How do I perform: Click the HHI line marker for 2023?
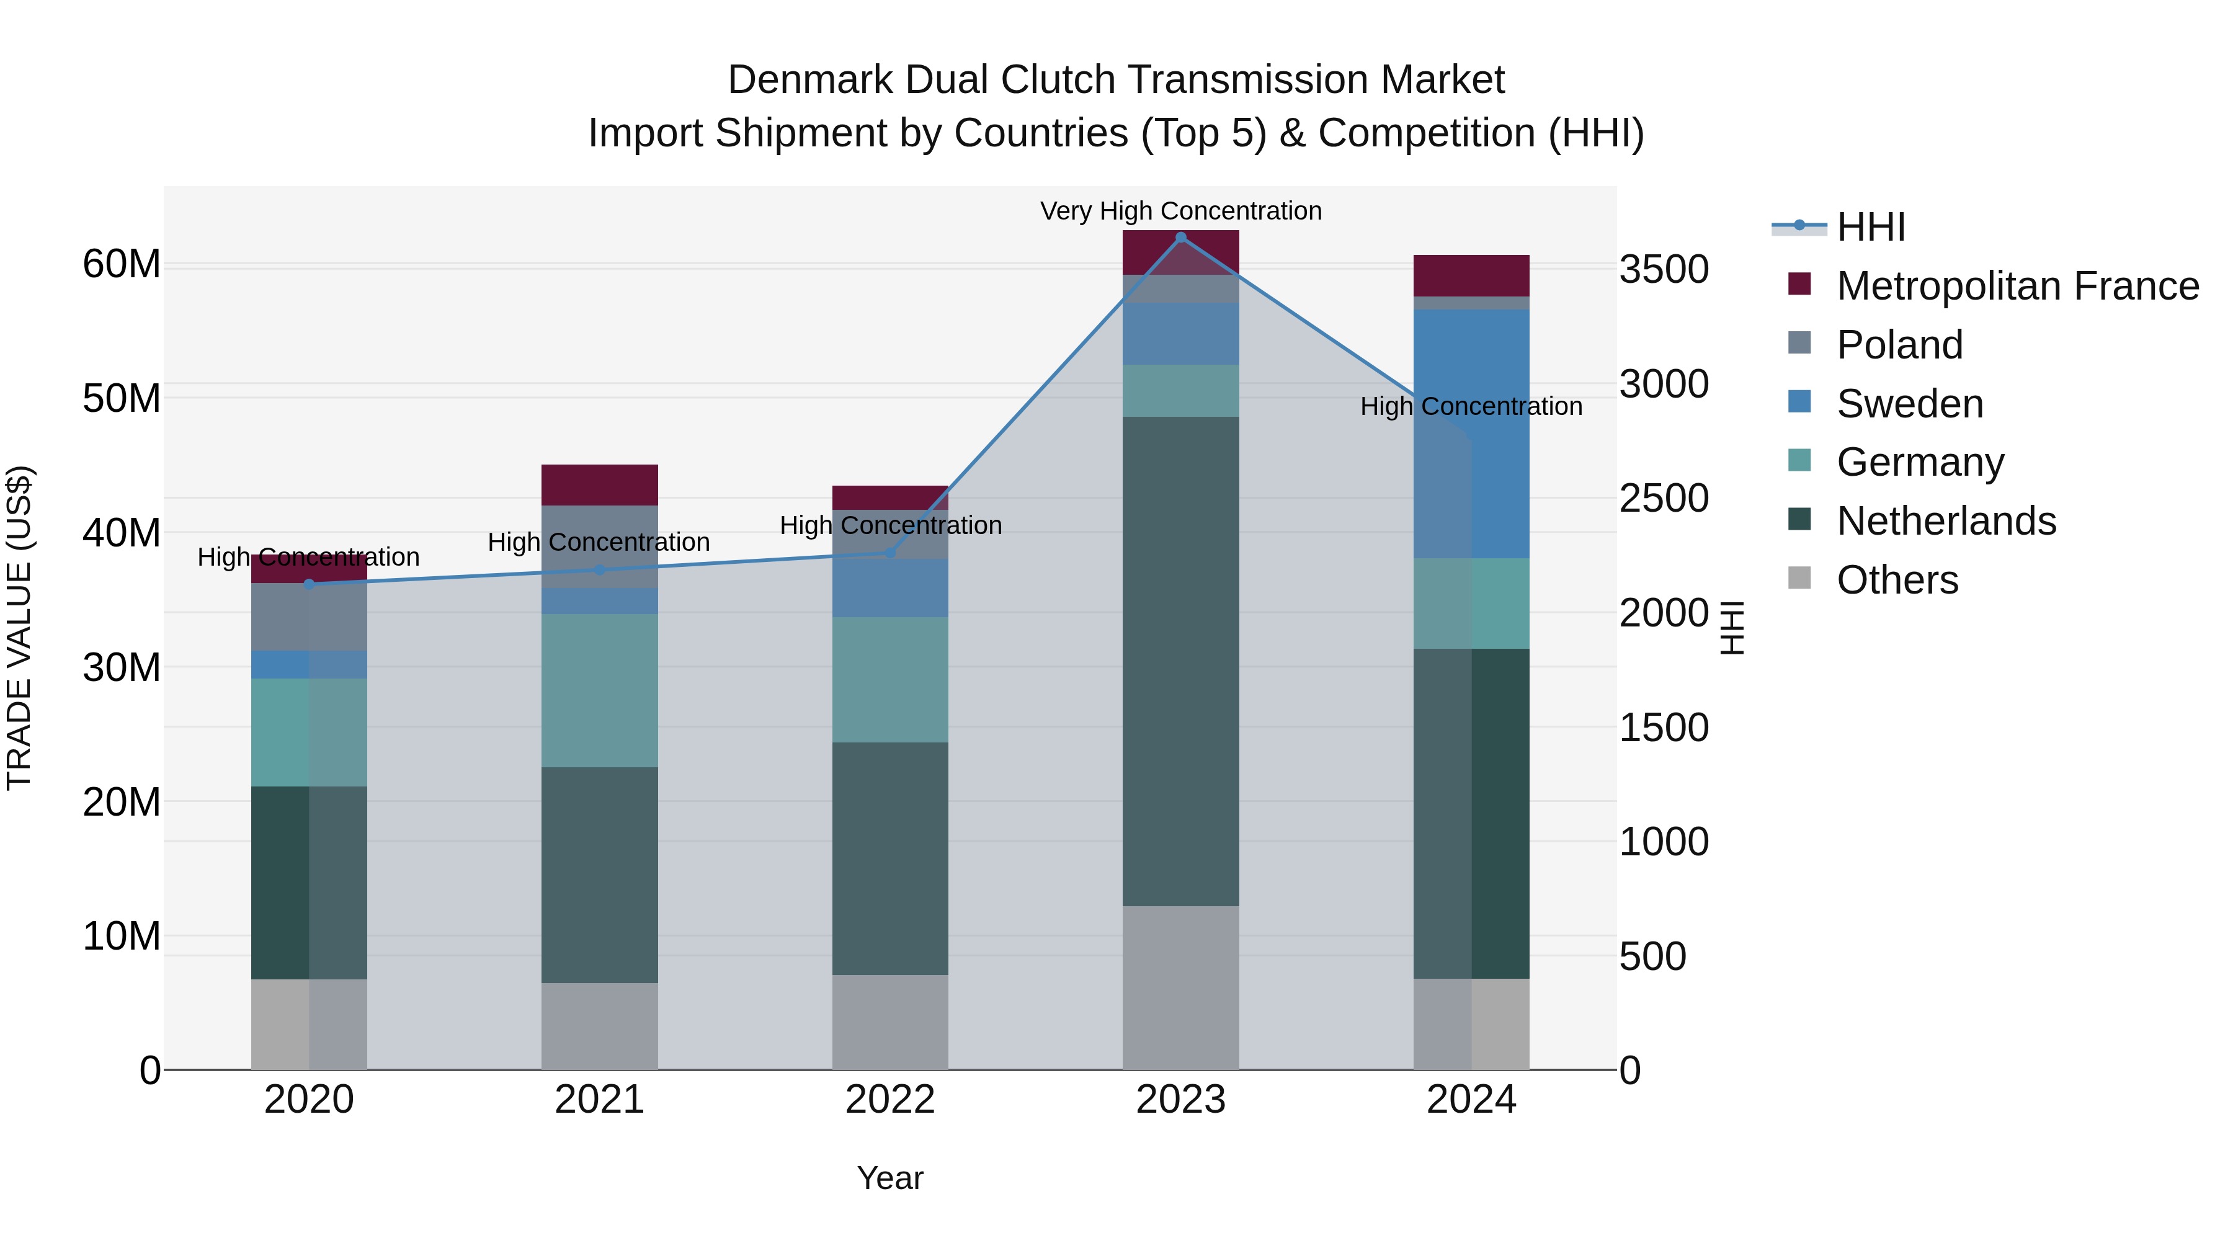click(1180, 238)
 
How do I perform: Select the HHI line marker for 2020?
click(310, 584)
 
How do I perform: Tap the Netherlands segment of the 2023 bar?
click(1180, 661)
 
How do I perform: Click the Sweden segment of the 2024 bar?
click(1500, 434)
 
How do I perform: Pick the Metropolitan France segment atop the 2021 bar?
click(599, 484)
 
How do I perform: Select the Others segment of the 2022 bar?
click(890, 1022)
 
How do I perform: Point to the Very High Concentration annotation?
click(1180, 211)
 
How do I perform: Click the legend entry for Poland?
click(1899, 345)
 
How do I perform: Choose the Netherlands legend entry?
click(1946, 521)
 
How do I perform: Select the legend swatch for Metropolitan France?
click(1799, 284)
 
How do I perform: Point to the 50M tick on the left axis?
click(122, 399)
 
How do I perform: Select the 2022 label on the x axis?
click(890, 1100)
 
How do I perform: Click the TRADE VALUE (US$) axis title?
click(19, 628)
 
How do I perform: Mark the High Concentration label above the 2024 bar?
click(1471, 406)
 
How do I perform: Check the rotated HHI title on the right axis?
click(1731, 628)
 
